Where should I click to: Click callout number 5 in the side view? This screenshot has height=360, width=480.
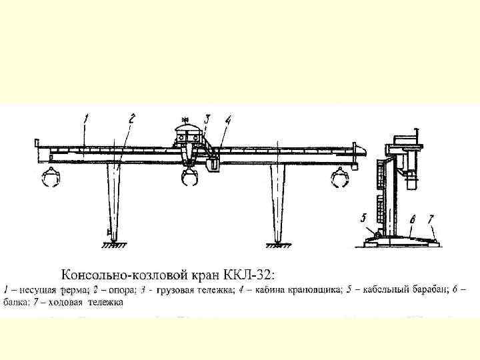363,217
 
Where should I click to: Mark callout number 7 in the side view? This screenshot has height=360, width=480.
431,217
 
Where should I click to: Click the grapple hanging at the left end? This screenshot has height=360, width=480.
51,179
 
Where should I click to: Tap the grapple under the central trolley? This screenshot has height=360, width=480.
190,179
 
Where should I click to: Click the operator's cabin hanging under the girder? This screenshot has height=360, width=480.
214,164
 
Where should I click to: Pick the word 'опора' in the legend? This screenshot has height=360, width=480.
117,290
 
